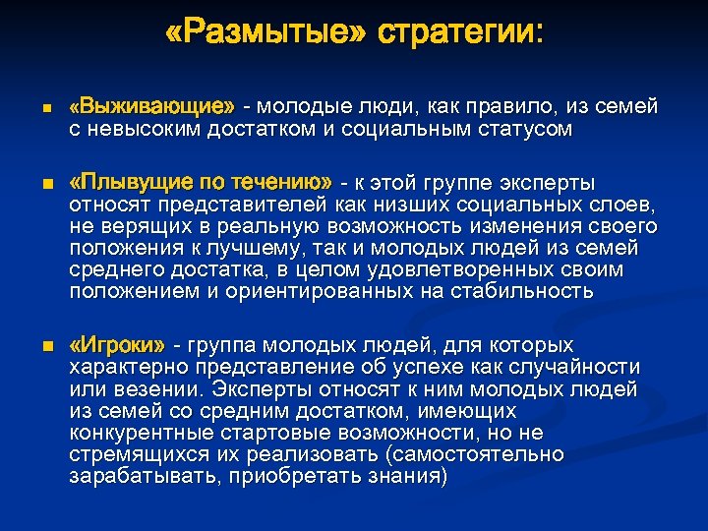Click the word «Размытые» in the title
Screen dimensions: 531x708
(x=265, y=34)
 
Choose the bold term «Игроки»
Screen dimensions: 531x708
(x=117, y=345)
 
